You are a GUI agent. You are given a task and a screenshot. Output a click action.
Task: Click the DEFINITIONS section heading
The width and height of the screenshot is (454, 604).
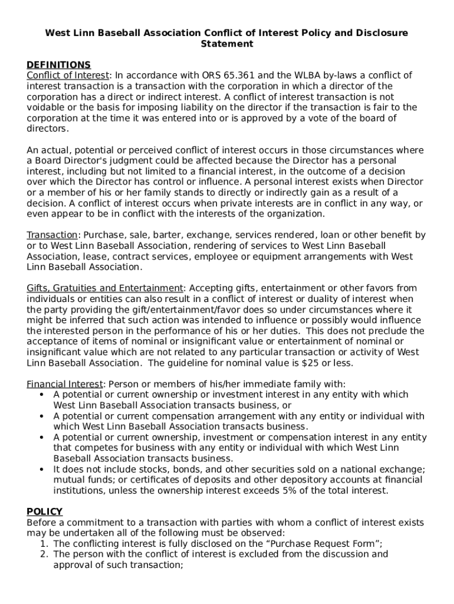pyautogui.click(x=58, y=64)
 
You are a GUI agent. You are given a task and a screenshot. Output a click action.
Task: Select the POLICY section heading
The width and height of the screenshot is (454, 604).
pyautogui.click(x=45, y=511)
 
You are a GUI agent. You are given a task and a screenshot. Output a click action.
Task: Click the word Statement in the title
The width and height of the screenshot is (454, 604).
pyautogui.click(x=227, y=44)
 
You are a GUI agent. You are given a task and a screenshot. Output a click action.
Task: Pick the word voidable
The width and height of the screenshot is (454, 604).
pyautogui.click(x=47, y=107)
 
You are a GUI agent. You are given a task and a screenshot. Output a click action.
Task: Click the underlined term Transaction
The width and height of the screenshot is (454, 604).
pyautogui.click(x=52, y=235)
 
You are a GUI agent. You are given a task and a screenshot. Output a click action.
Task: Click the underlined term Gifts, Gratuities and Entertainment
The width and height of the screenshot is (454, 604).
pyautogui.click(x=105, y=288)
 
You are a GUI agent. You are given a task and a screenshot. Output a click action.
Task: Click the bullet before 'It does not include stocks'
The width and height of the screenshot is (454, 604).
pyautogui.click(x=41, y=469)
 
